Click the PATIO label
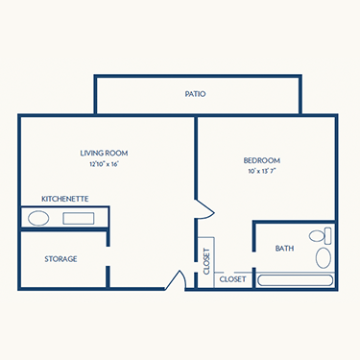196,94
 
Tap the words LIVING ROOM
104,153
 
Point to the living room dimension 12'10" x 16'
104,164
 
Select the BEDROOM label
263,160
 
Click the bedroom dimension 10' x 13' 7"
263,172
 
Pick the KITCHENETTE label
64,198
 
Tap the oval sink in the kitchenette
38,218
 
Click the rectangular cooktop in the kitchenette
79,218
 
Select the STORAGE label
60,259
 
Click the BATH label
284,249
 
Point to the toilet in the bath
318,235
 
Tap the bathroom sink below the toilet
324,257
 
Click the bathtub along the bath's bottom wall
296,280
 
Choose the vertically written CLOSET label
206,261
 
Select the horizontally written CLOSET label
232,279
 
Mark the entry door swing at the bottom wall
176,280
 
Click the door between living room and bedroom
201,208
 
